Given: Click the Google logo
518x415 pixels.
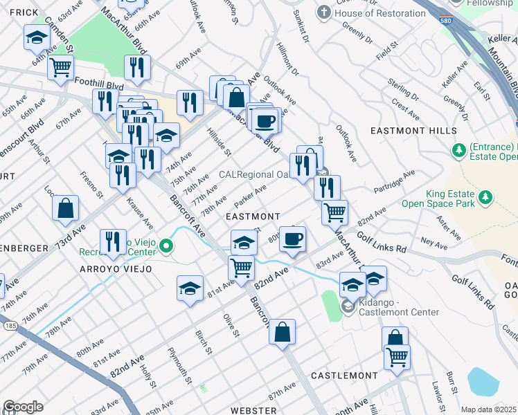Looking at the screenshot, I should pos(23,407).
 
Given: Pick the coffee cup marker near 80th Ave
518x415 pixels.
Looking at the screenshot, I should pos(292,239).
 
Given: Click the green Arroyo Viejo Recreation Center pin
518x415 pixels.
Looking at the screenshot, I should pos(166,246).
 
